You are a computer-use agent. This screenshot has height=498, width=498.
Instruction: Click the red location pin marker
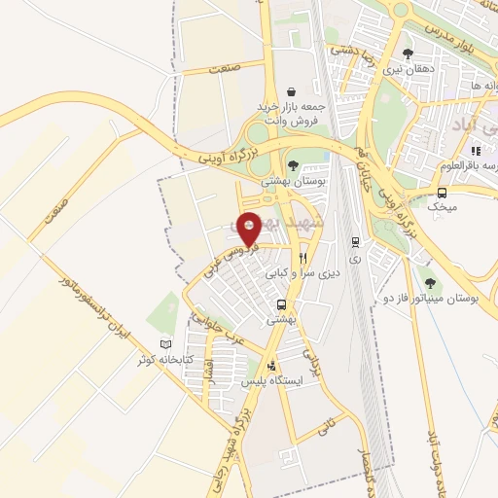tap(249, 228)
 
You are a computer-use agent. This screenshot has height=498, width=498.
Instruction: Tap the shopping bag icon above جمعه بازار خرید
tap(291, 87)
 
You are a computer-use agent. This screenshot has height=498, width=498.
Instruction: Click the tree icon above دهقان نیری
tap(408, 53)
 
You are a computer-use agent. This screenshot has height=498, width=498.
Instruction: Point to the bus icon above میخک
tap(444, 193)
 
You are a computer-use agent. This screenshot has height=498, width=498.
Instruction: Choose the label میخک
tap(443, 207)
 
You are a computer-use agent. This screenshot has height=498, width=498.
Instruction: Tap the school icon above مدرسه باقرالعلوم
tap(476, 152)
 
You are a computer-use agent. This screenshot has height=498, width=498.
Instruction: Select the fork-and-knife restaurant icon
tap(303, 259)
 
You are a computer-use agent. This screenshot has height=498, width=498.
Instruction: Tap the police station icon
tap(272, 367)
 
